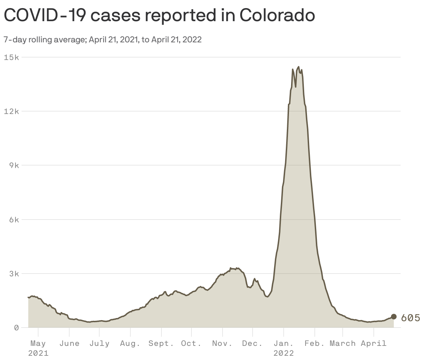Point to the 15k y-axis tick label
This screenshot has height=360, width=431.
(x=11, y=57)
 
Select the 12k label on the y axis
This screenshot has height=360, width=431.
(x=11, y=111)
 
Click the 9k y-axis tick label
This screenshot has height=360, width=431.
(x=14, y=165)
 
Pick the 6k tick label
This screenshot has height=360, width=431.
(x=14, y=220)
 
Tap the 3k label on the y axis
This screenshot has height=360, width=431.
(x=14, y=274)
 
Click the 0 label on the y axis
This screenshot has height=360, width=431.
(x=16, y=328)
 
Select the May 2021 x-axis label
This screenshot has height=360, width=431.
(x=38, y=348)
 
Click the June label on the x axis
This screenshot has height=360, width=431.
(x=69, y=343)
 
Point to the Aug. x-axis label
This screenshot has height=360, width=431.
(x=130, y=343)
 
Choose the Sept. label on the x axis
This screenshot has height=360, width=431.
(x=161, y=343)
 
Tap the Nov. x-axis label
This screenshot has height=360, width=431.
(x=222, y=343)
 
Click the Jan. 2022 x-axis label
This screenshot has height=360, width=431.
(x=283, y=348)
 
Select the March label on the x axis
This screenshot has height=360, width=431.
(x=342, y=343)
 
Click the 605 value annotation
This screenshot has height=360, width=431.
(x=411, y=318)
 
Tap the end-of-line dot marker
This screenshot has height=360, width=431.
(x=394, y=317)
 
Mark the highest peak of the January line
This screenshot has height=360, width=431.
(x=299, y=67)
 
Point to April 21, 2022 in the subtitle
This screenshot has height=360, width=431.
(x=176, y=40)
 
